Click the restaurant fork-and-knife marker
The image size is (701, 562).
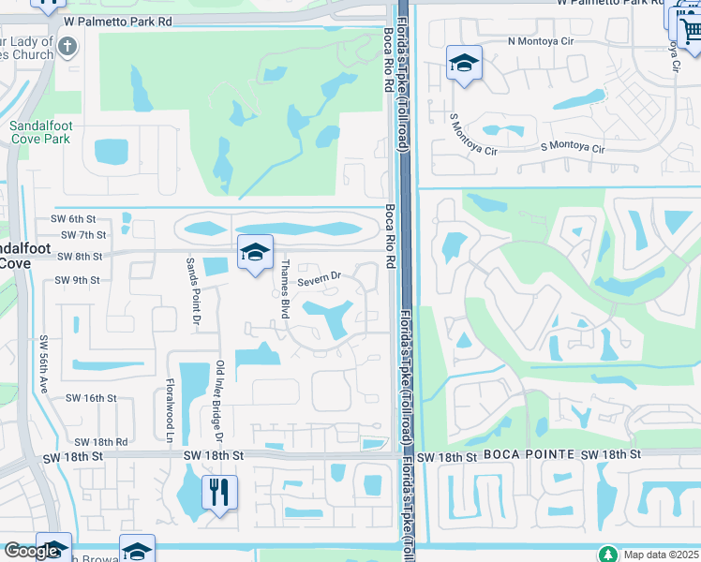(x=219, y=492)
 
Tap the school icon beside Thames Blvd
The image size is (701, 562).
(x=254, y=252)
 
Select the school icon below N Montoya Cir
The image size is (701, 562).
(x=464, y=63)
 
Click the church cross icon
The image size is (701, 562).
(x=67, y=45)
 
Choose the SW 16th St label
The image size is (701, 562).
(x=91, y=398)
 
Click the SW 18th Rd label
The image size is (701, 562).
(x=100, y=441)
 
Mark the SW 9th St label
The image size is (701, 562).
(x=77, y=280)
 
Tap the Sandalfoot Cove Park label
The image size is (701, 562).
(x=40, y=132)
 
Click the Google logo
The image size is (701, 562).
(x=32, y=551)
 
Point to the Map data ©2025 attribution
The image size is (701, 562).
(x=660, y=555)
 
